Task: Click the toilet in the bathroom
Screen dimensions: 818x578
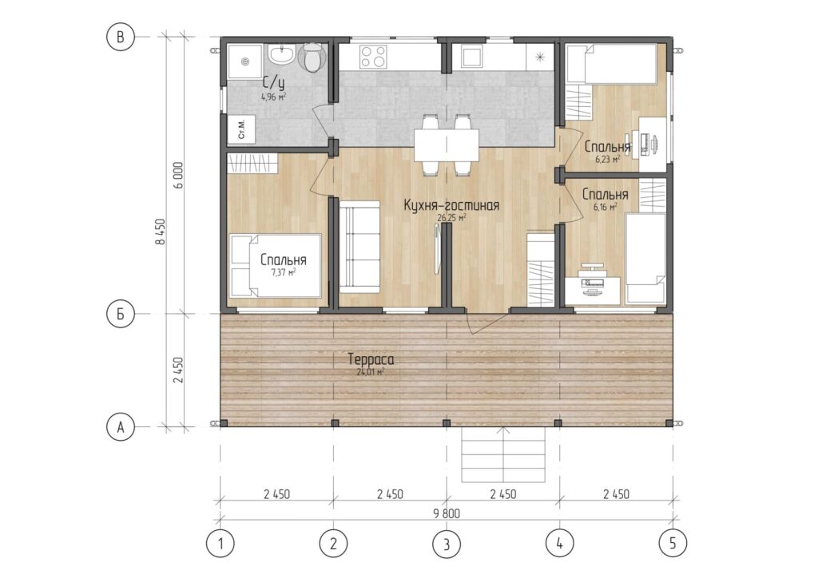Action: tap(312, 58)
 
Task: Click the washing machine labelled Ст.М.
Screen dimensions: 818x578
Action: tap(241, 129)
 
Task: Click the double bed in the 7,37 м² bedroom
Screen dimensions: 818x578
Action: tap(276, 266)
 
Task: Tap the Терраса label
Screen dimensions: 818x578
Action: tap(371, 359)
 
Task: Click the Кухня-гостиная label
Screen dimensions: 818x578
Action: tap(451, 205)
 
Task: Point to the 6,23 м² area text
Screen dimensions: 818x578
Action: tap(608, 159)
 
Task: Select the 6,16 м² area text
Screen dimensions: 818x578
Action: tap(606, 207)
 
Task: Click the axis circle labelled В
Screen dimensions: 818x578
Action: tap(121, 37)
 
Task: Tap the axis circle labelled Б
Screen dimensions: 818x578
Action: tap(121, 315)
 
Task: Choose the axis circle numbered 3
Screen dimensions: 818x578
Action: tap(447, 544)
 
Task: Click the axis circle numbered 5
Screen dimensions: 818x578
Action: tap(673, 544)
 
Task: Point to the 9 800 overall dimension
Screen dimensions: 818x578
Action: tap(447, 513)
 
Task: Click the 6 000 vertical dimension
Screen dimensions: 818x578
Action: tap(178, 175)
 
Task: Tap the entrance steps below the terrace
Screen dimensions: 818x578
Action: tap(503, 454)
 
